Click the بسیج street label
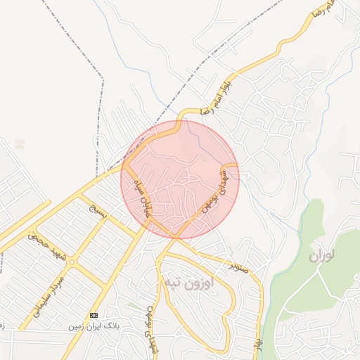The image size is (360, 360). point(96,212)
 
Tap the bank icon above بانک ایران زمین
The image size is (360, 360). point(93,315)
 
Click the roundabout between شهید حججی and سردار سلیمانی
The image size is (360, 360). point(72,262)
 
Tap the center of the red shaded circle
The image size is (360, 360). point(180,179)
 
